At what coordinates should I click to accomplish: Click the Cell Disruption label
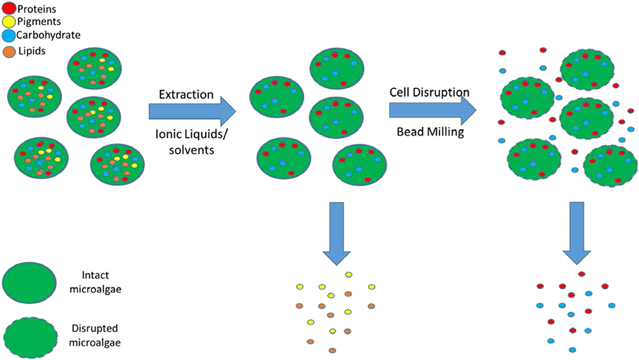click(429, 93)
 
